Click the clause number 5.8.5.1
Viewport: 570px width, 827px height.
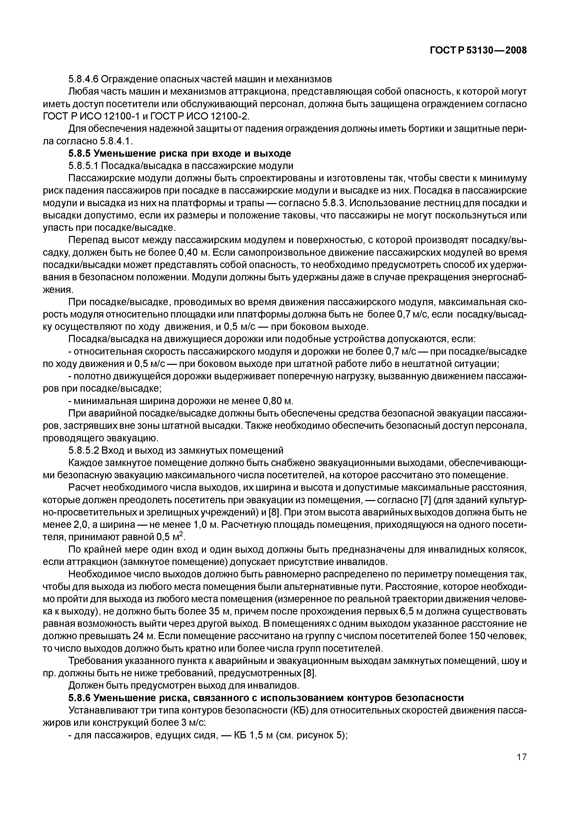pyautogui.click(x=83, y=166)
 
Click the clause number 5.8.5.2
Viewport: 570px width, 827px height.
pyautogui.click(x=83, y=450)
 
